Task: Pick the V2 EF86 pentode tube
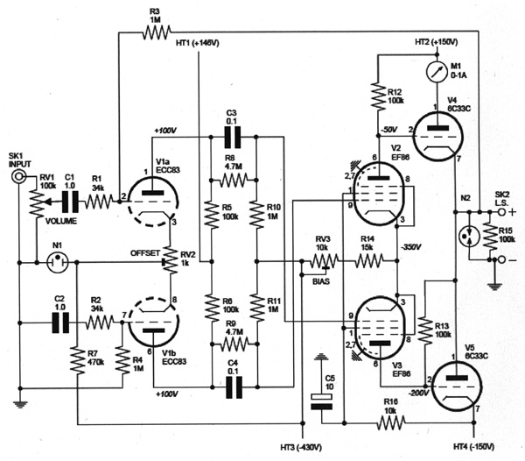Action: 376,192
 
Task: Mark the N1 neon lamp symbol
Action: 55,261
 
